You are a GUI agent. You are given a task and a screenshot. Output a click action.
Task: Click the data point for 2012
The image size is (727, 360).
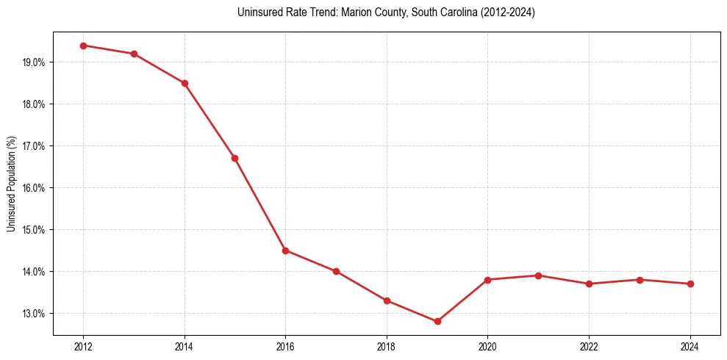coord(83,46)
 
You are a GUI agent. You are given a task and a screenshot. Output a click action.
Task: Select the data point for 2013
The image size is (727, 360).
coord(134,54)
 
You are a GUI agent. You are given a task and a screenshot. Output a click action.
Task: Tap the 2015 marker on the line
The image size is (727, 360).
coord(234,158)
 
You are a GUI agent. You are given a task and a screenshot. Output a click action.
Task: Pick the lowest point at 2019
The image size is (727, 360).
coord(437,321)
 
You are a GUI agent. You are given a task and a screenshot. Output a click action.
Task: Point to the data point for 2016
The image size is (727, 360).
coord(285,251)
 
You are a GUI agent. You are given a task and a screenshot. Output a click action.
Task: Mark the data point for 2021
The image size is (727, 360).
coord(538,276)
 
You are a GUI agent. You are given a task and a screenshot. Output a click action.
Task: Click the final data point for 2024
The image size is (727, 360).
coord(690,284)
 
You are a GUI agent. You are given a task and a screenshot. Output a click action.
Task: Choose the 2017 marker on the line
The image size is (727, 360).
coord(336,271)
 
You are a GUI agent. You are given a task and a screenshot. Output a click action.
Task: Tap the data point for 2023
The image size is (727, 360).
coord(640,280)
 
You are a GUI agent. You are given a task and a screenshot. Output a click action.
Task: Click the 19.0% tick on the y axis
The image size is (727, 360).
coord(34,62)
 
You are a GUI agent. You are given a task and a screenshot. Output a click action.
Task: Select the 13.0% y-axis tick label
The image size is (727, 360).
coord(34,314)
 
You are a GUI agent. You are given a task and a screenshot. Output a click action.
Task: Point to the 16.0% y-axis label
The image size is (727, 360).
coord(34,188)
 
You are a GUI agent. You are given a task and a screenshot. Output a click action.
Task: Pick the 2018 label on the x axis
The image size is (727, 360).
coord(387,347)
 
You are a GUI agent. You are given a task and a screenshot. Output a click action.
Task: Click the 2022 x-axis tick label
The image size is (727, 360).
coord(589,347)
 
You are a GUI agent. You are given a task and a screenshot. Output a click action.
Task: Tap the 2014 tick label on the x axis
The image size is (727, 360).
coord(185,347)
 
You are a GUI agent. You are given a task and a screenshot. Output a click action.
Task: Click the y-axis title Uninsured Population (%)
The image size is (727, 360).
coord(11,184)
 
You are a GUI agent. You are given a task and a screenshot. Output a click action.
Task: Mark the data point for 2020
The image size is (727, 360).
coord(487,280)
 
